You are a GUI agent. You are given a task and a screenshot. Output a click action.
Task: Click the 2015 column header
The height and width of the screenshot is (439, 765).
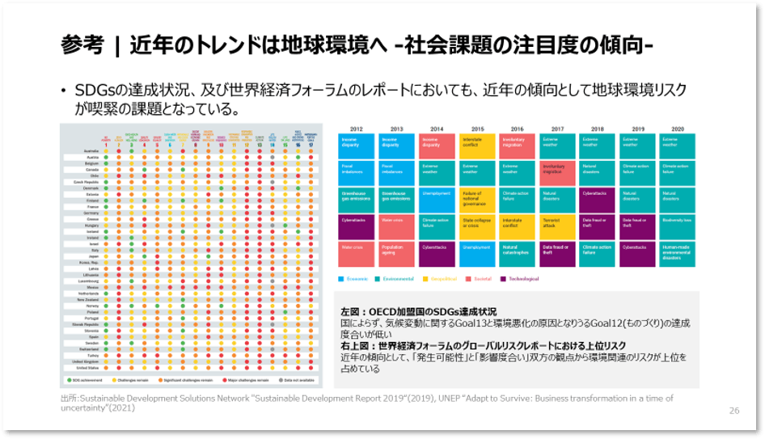click(x=478, y=129)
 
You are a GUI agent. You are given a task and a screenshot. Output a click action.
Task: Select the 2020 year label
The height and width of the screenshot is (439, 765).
click(x=678, y=129)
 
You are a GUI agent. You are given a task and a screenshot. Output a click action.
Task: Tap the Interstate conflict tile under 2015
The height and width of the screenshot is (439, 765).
click(x=478, y=146)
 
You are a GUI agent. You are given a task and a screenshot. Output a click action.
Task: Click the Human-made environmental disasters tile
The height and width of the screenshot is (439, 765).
click(x=678, y=253)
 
